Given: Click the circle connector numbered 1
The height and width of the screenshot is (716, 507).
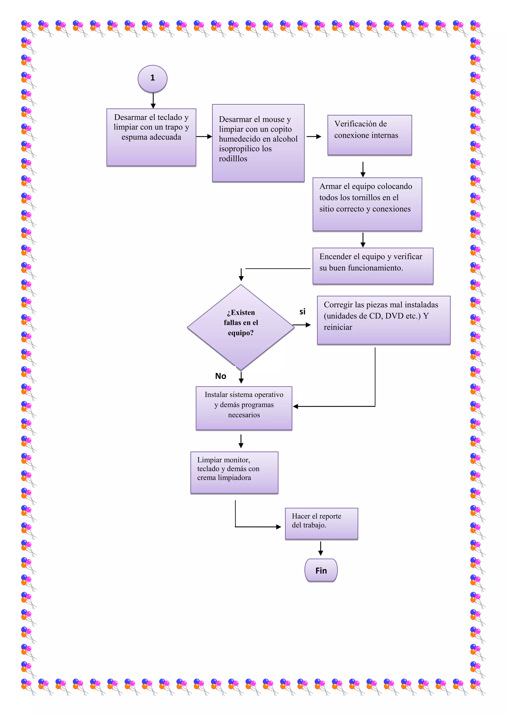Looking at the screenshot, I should [x=152, y=78].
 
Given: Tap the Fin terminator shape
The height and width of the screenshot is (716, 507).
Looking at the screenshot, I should [x=321, y=570].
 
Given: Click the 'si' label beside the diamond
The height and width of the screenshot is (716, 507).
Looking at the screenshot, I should [x=302, y=312].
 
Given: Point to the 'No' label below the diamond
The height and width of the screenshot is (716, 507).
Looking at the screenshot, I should [x=220, y=376].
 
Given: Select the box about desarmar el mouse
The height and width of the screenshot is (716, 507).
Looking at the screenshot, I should [x=258, y=143].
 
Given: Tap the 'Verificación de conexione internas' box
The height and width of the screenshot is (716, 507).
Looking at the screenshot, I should [x=370, y=135].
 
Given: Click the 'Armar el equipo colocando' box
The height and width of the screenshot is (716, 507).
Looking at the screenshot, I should [x=367, y=204].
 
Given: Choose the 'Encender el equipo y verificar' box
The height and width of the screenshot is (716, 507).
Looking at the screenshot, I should [x=373, y=266].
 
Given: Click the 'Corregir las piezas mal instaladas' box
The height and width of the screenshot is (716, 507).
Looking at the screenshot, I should [x=383, y=320].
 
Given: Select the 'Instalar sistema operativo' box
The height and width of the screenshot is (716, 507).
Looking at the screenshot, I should [x=244, y=408].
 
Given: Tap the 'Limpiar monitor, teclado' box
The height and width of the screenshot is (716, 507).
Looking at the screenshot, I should [x=234, y=472].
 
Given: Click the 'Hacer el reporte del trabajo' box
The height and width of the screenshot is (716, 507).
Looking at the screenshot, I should [x=321, y=523].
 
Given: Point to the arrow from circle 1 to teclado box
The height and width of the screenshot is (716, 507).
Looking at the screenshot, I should [x=153, y=101].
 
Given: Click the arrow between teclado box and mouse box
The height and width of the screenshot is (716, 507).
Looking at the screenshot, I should [x=204, y=136].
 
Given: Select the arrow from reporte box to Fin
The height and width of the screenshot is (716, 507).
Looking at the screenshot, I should [x=321, y=548].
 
